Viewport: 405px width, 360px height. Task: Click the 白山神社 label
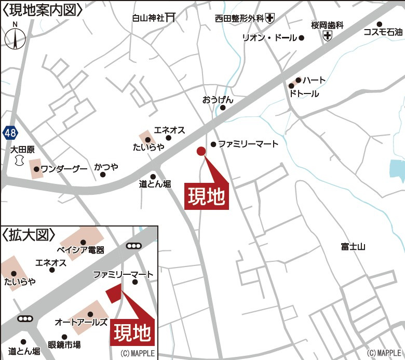click(x=148, y=18)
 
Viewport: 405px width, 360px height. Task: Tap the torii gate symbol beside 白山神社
click(x=170, y=18)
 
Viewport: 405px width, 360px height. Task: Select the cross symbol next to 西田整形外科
click(x=269, y=19)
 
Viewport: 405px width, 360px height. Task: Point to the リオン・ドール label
click(x=269, y=38)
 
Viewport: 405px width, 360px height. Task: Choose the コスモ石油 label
click(x=383, y=32)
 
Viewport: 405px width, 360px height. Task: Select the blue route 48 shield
click(x=10, y=132)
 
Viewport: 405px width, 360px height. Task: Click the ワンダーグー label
click(x=60, y=168)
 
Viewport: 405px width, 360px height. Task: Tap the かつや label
click(x=106, y=167)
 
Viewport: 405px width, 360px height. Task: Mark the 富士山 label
click(x=353, y=246)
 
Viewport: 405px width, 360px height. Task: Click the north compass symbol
click(x=15, y=38)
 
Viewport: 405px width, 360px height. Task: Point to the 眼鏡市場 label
click(x=64, y=344)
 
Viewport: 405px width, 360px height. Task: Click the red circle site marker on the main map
click(x=201, y=151)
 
